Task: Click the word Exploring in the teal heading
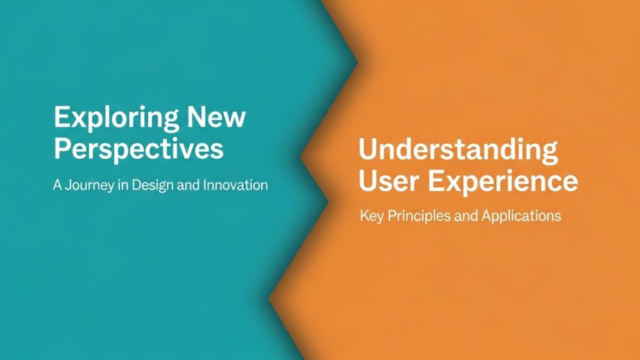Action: (116, 119)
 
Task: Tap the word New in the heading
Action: (216, 117)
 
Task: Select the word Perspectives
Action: (139, 151)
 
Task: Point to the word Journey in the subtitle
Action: (89, 186)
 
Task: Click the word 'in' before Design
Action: (123, 185)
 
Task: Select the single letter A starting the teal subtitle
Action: (57, 185)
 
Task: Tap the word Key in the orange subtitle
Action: (372, 216)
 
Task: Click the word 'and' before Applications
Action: (466, 215)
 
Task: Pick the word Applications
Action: (521, 216)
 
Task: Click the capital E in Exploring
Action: (62, 117)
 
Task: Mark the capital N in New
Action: (197, 117)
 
